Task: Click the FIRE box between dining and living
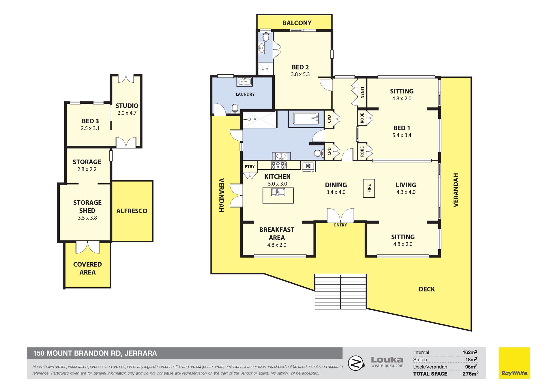[369, 188]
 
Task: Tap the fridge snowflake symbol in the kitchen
[308, 166]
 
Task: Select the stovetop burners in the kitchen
[278, 165]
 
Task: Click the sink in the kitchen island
[278, 192]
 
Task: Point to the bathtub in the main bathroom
[306, 118]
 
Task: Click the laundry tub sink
[244, 82]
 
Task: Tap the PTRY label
[250, 167]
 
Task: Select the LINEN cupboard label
[362, 92]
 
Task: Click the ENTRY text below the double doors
[340, 225]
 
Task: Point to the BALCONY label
[297, 23]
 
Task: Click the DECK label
[426, 289]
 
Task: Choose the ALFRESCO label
[132, 211]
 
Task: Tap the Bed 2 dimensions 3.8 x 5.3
[300, 74]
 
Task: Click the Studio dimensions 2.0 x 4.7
[127, 113]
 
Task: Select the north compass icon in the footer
[355, 363]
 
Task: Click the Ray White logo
[514, 363]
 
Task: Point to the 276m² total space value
[470, 374]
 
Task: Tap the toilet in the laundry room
[235, 108]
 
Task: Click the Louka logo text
[387, 360]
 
